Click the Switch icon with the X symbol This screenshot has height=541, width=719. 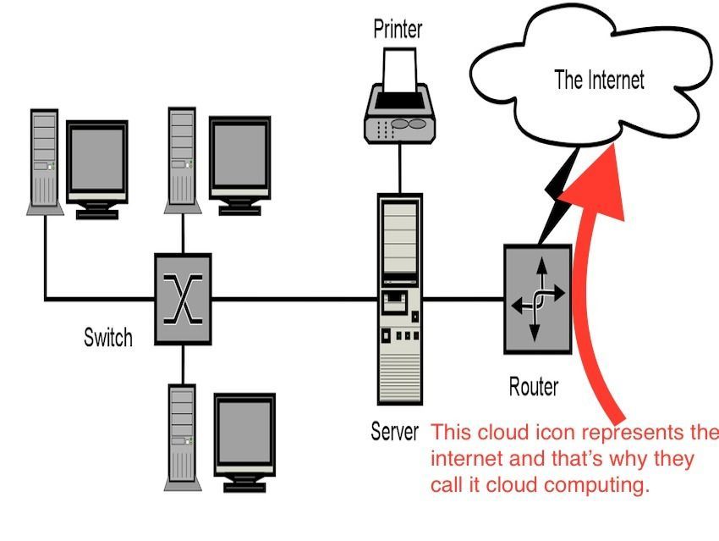point(182,299)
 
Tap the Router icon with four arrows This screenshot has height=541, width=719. point(538,299)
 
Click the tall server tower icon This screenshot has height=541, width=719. point(399,299)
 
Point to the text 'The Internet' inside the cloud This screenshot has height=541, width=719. point(599,80)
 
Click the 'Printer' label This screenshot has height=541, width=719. point(398,30)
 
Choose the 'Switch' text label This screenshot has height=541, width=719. point(108,338)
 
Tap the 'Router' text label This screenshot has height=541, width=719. point(534,387)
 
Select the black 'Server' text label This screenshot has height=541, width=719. point(394,432)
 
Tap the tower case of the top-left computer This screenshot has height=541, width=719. point(43,160)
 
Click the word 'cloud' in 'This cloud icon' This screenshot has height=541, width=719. point(505,433)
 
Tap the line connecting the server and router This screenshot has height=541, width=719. point(463,299)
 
